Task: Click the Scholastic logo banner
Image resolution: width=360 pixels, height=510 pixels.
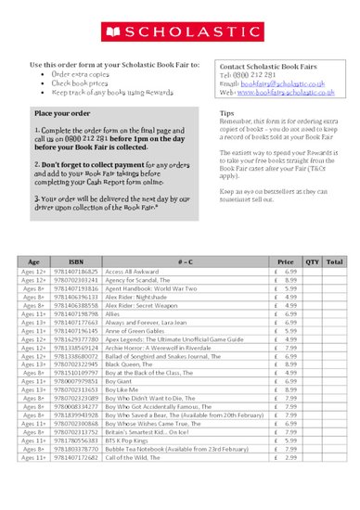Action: point(180,32)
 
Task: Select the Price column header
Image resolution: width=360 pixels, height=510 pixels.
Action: point(285,236)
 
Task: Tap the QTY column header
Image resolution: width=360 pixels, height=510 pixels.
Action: point(312,236)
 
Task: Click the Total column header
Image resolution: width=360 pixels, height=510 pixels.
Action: point(334,236)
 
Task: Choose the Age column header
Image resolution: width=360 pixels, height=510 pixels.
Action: point(34,236)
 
